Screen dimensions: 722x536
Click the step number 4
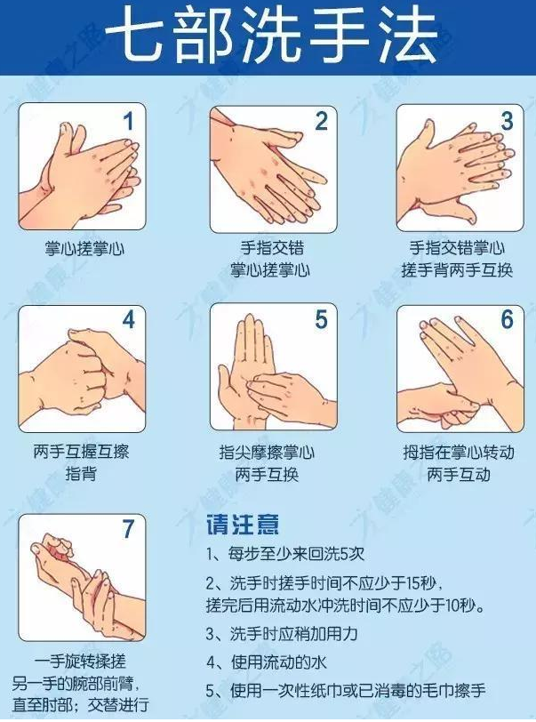[x=129, y=319]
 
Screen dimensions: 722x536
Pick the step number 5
[x=321, y=319]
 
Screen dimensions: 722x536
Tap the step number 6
[x=507, y=319]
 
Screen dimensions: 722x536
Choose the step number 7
[x=129, y=529]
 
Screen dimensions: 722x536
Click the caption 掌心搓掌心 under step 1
[x=84, y=249]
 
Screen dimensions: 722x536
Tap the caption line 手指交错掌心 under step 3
[x=457, y=248]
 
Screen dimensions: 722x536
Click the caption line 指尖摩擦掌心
[x=267, y=452]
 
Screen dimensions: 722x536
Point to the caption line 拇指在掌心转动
[x=457, y=452]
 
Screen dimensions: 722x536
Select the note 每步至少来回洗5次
[x=284, y=555]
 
